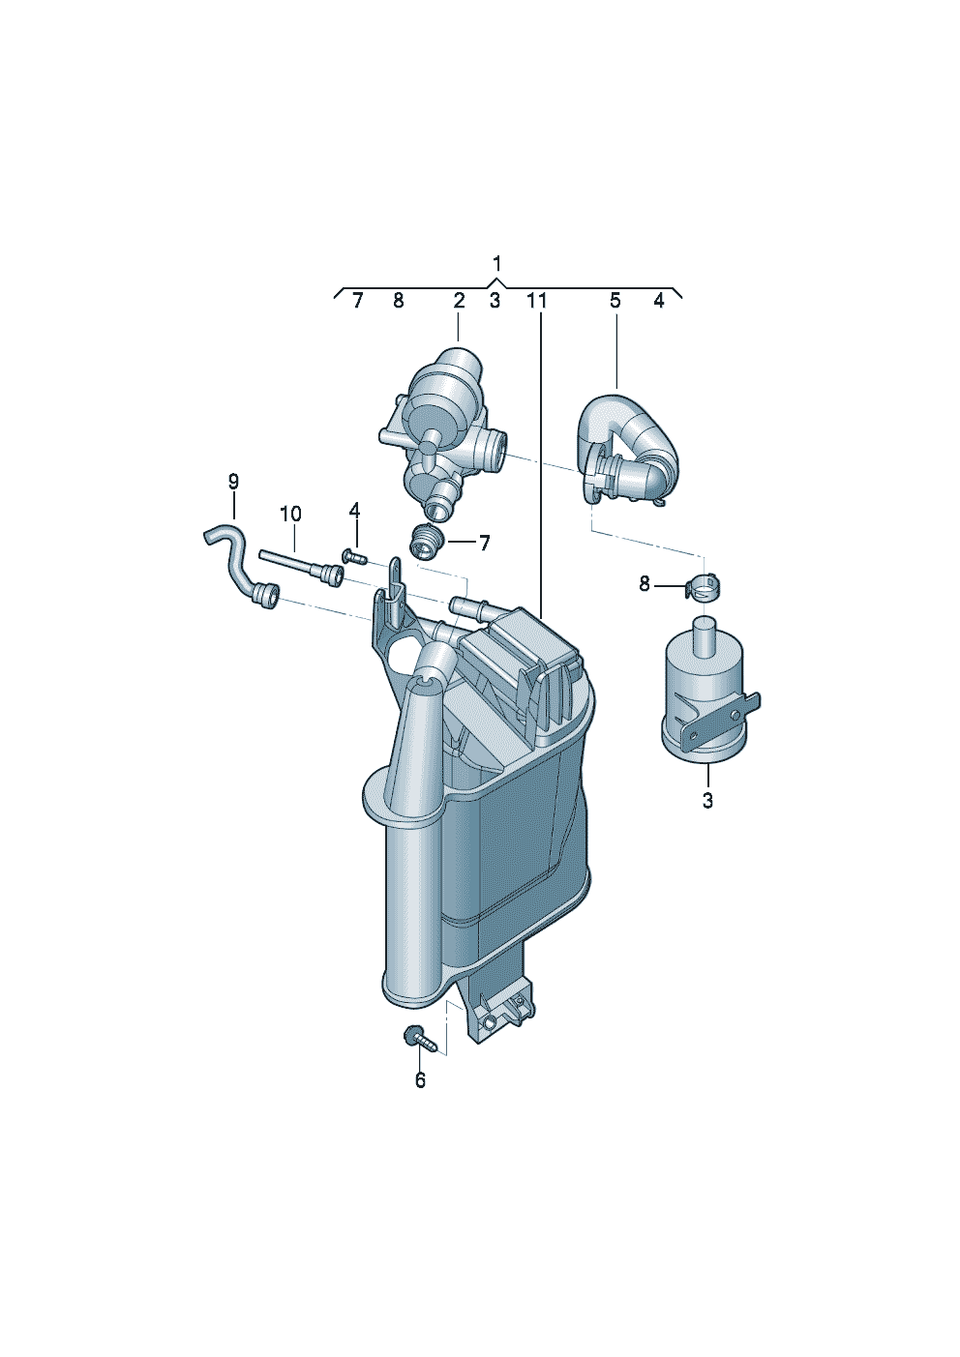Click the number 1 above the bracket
pos(496,263)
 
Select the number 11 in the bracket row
pos(537,301)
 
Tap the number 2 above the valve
pos(459,301)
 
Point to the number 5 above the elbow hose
pos(615,301)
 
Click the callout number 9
pos(233,481)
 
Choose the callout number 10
pos(290,514)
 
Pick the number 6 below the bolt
pos(420,1080)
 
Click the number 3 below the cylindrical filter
pos(707,801)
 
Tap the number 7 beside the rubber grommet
pos(484,544)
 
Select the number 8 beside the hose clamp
pos(645,584)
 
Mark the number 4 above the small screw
pos(354,510)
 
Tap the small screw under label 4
pos(353,556)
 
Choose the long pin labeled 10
pos(300,566)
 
